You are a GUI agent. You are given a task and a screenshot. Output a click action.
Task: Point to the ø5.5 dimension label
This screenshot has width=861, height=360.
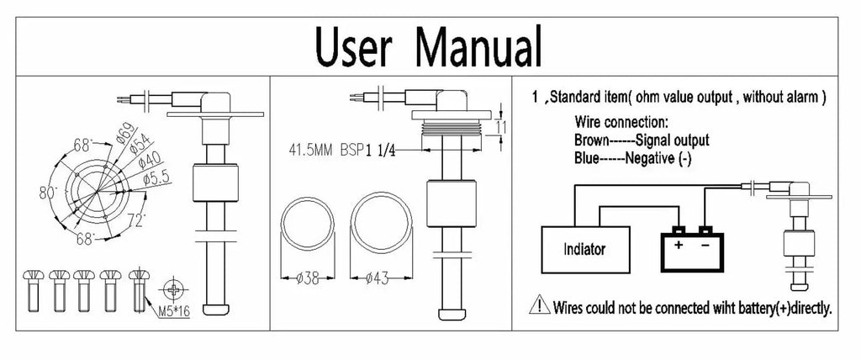coord(159,177)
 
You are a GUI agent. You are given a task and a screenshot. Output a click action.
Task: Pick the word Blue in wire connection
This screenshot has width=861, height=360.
coord(589,156)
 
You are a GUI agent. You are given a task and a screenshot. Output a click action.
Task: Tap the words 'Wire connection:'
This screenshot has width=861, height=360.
coord(621,123)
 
